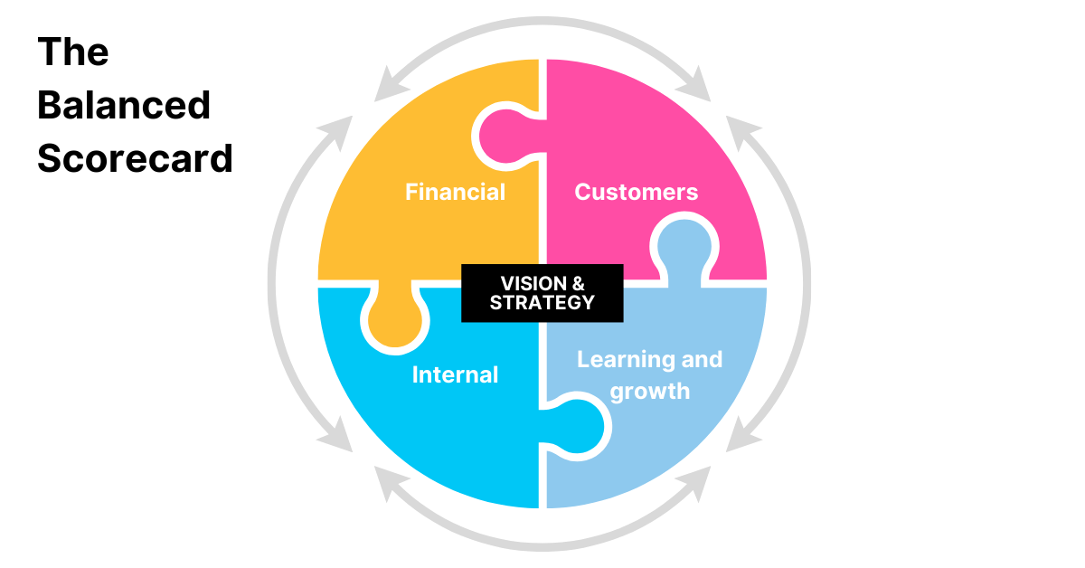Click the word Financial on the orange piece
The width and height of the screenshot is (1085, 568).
(x=455, y=192)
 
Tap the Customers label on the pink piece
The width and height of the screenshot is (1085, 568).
(x=636, y=192)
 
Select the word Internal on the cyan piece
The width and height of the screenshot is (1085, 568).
(x=455, y=374)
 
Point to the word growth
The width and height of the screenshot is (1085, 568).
(x=650, y=392)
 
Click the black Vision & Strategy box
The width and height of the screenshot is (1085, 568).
(x=542, y=292)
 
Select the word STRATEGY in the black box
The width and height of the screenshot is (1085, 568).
(x=542, y=302)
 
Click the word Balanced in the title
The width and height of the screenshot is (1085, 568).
(x=124, y=106)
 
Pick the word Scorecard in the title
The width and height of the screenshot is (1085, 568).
(x=135, y=158)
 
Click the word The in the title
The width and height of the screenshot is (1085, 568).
(x=72, y=52)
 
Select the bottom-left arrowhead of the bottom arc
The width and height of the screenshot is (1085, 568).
(x=390, y=486)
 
